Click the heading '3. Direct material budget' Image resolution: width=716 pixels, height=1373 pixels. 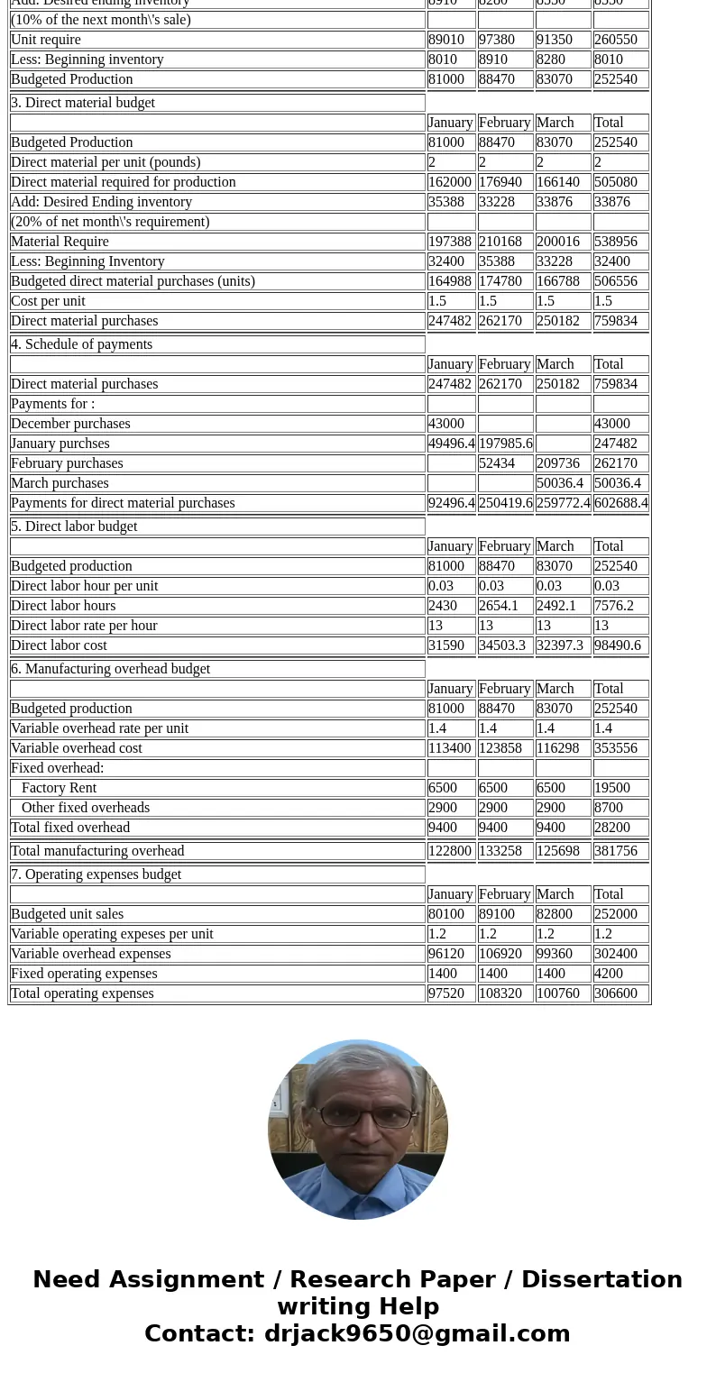click(83, 103)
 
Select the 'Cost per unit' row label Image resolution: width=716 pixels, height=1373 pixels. click(48, 301)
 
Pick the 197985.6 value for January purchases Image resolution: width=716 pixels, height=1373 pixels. click(505, 444)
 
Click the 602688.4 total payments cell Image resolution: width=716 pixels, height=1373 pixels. click(620, 503)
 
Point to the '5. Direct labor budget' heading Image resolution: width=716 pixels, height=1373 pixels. click(74, 526)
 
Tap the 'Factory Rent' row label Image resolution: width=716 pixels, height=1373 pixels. click(59, 788)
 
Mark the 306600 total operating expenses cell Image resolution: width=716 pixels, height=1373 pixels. click(615, 993)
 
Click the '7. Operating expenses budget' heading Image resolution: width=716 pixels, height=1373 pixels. click(96, 874)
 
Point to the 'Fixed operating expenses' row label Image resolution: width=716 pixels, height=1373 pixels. click(84, 974)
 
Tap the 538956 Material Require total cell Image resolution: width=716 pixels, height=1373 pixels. click(615, 242)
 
